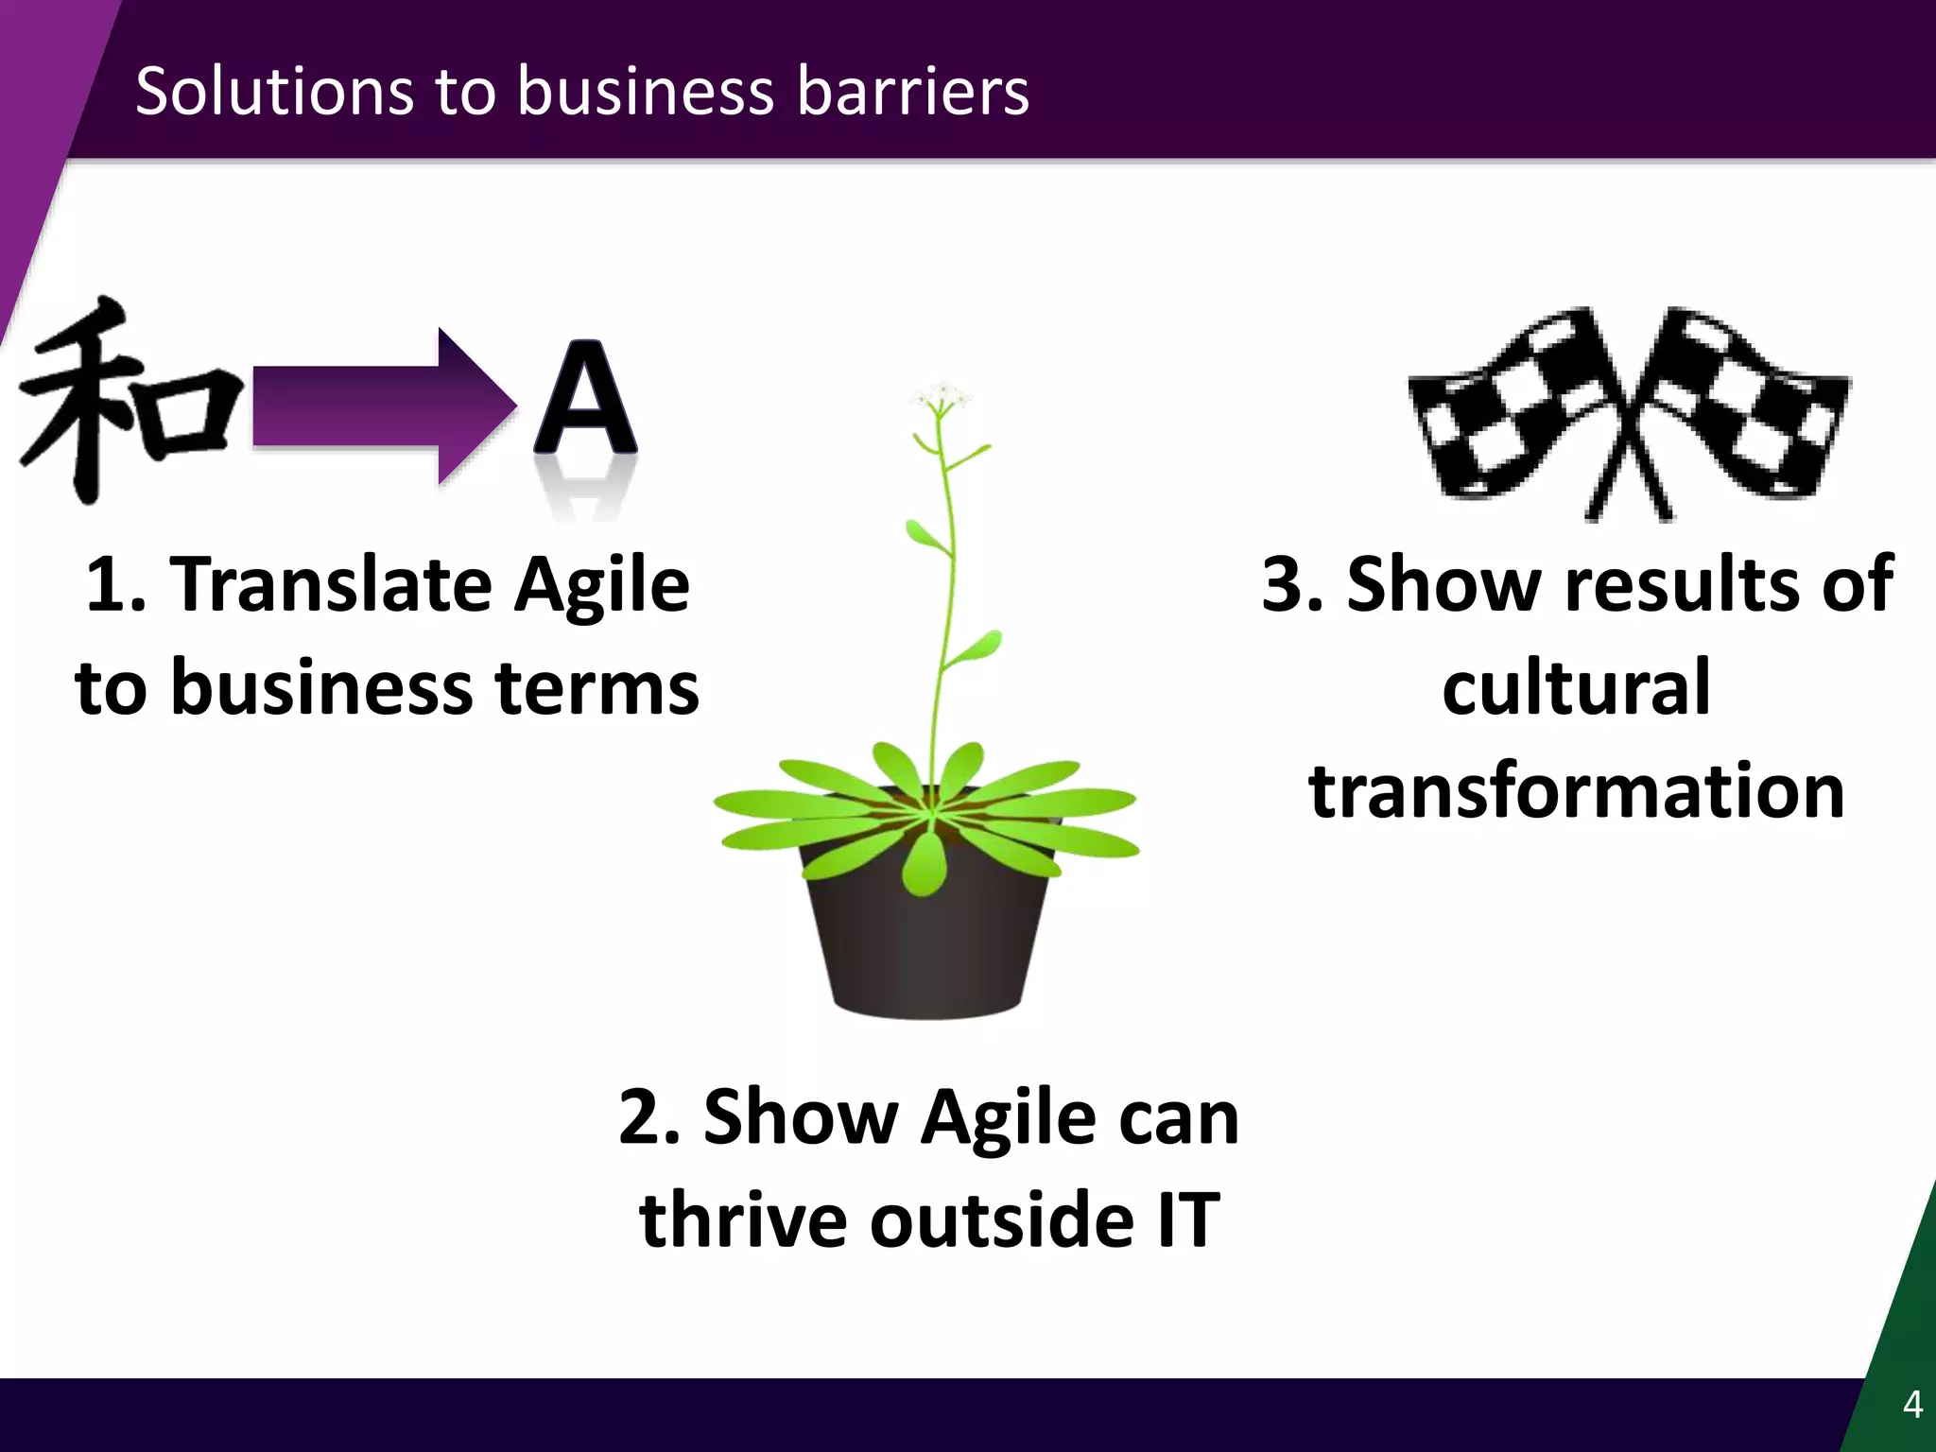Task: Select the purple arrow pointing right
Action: (378, 406)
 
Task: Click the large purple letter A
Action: (586, 402)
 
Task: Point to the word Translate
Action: (331, 584)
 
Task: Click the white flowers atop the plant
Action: (941, 395)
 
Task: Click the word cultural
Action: (1576, 687)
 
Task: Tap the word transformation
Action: (1576, 791)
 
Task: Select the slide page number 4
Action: (1911, 1405)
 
